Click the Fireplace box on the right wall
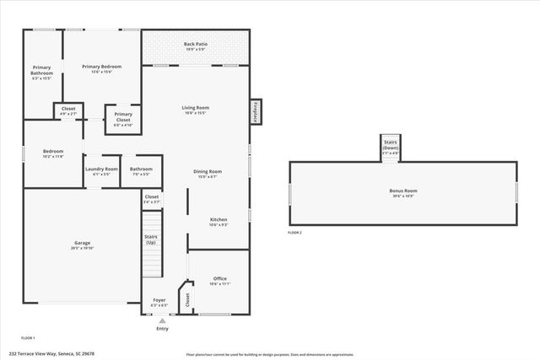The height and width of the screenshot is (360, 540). tap(255, 112)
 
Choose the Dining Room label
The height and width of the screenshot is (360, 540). tap(207, 174)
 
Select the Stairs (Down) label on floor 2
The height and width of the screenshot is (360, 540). tap(391, 145)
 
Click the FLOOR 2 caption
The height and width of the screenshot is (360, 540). tap(294, 232)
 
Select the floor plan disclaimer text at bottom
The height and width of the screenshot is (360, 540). tap(269, 354)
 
